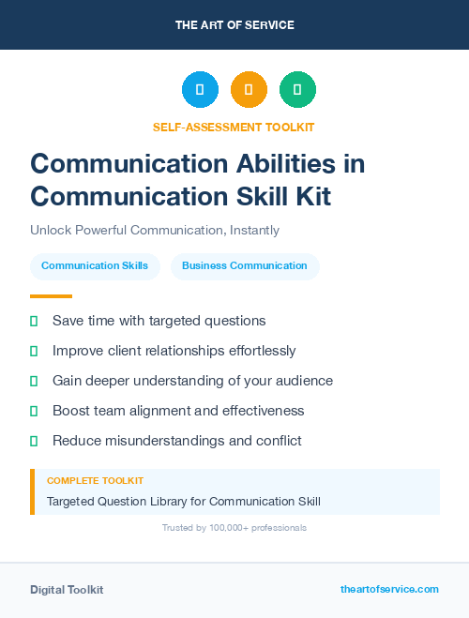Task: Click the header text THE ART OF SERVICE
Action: [x=234, y=25]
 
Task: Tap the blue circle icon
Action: [x=200, y=90]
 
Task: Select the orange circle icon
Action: [x=249, y=90]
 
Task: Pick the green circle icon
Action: [x=297, y=90]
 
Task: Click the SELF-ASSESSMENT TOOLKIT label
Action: [x=234, y=127]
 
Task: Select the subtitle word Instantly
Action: [x=253, y=230]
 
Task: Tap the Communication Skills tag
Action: [x=95, y=266]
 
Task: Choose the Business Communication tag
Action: [x=245, y=266]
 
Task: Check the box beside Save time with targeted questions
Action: [x=34, y=321]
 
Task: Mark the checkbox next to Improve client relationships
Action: [x=34, y=351]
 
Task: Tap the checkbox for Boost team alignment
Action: [x=34, y=411]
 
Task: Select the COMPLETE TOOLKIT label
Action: [x=95, y=481]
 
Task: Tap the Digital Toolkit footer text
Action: [x=67, y=590]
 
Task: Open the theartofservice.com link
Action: [x=389, y=589]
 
